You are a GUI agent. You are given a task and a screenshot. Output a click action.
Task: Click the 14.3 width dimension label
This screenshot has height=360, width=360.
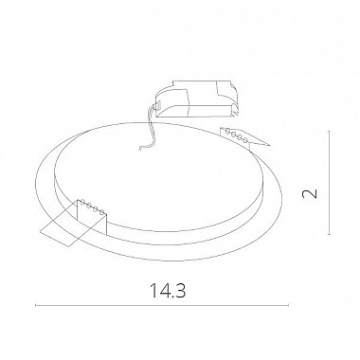[168, 291]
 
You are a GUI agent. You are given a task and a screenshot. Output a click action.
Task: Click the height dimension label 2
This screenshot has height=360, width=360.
[310, 193]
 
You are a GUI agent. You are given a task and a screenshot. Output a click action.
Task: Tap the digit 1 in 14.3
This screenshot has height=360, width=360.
[153, 291]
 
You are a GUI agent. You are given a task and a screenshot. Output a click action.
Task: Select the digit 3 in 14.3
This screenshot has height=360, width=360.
[180, 291]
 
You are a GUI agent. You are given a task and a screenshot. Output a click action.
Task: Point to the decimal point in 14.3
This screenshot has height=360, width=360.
[171, 297]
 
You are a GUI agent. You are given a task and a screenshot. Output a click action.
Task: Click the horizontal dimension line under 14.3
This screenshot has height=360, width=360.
[162, 305]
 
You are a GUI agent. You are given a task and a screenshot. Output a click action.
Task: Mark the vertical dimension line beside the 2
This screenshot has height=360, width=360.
[329, 183]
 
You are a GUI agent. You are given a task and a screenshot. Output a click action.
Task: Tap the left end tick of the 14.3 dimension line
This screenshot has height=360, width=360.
[36, 305]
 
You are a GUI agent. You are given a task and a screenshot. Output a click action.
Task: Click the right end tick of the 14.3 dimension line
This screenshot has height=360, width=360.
[289, 305]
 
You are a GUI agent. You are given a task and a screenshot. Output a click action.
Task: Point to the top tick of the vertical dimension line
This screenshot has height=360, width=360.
[329, 131]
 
